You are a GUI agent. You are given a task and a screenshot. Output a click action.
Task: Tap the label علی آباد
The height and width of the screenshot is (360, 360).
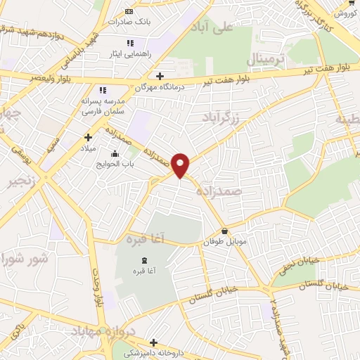(x=216, y=27)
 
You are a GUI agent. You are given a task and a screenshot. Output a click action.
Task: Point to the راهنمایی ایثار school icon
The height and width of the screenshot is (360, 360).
(x=130, y=43)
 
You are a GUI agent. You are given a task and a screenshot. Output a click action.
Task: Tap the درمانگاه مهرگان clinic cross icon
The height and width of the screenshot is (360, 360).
(x=160, y=76)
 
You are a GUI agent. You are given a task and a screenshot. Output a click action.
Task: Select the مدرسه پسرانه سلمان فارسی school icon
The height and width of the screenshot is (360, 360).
(x=103, y=90)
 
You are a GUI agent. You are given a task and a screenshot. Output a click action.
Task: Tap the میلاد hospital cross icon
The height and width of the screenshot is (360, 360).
(x=88, y=138)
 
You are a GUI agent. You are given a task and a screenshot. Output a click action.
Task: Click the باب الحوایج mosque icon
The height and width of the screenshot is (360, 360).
(x=115, y=155)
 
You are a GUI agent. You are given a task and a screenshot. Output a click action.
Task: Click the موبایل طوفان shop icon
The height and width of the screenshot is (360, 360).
(x=224, y=231)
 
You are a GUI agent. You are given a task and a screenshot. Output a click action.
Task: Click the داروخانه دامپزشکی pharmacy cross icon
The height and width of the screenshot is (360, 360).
(x=153, y=342)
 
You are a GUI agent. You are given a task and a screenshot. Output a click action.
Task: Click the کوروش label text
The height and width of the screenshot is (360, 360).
(x=344, y=12)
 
